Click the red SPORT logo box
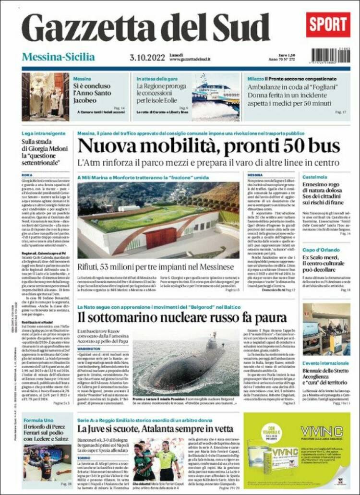click(x=328, y=24)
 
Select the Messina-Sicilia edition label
click(x=58, y=57)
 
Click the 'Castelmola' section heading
click(x=315, y=177)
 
